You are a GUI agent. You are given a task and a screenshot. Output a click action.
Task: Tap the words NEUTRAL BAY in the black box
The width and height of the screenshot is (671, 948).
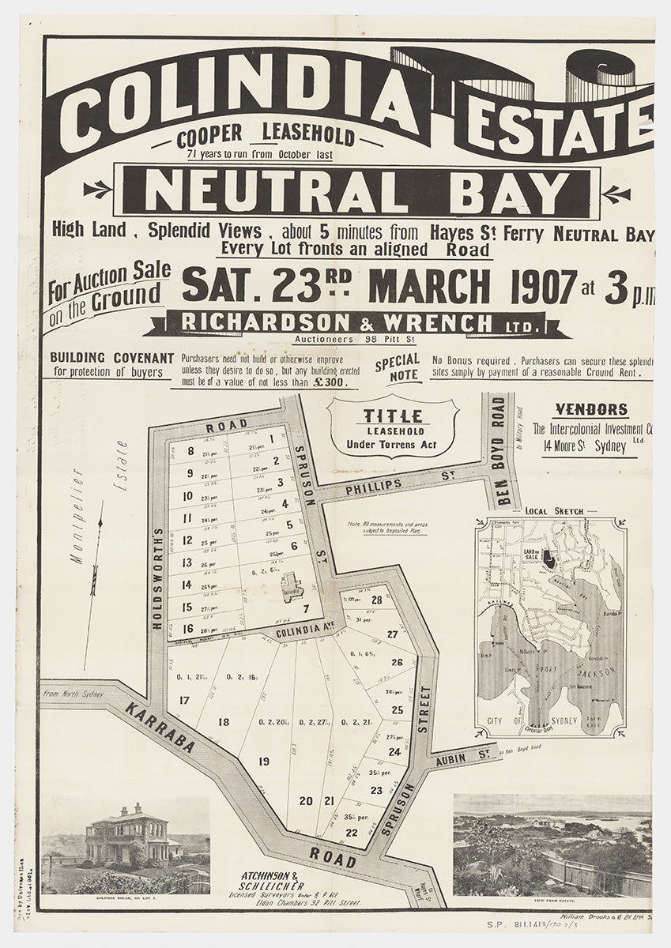coord(357,192)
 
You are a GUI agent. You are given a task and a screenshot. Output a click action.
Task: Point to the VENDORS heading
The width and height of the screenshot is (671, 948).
coord(591,410)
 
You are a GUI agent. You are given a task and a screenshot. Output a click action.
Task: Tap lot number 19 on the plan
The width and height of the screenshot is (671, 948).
coord(263,761)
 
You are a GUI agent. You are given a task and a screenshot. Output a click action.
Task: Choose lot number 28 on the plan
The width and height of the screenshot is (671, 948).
coord(376,600)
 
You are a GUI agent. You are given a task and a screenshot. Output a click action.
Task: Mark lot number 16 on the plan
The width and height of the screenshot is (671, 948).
coord(187,629)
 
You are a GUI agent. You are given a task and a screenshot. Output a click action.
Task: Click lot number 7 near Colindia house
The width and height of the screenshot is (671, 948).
coord(305,608)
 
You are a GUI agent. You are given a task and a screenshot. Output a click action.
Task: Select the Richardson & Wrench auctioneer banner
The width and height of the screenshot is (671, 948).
coord(356,322)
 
